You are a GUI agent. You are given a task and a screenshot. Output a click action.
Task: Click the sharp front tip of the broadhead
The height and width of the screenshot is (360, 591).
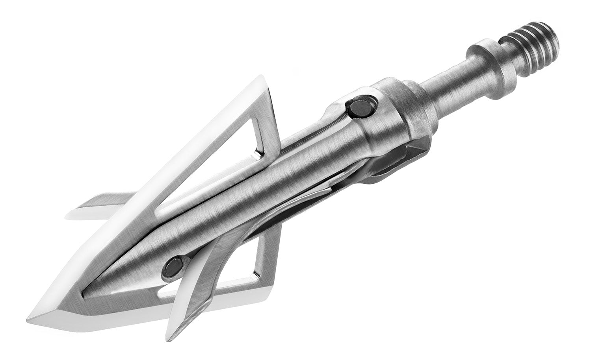(30, 317)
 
